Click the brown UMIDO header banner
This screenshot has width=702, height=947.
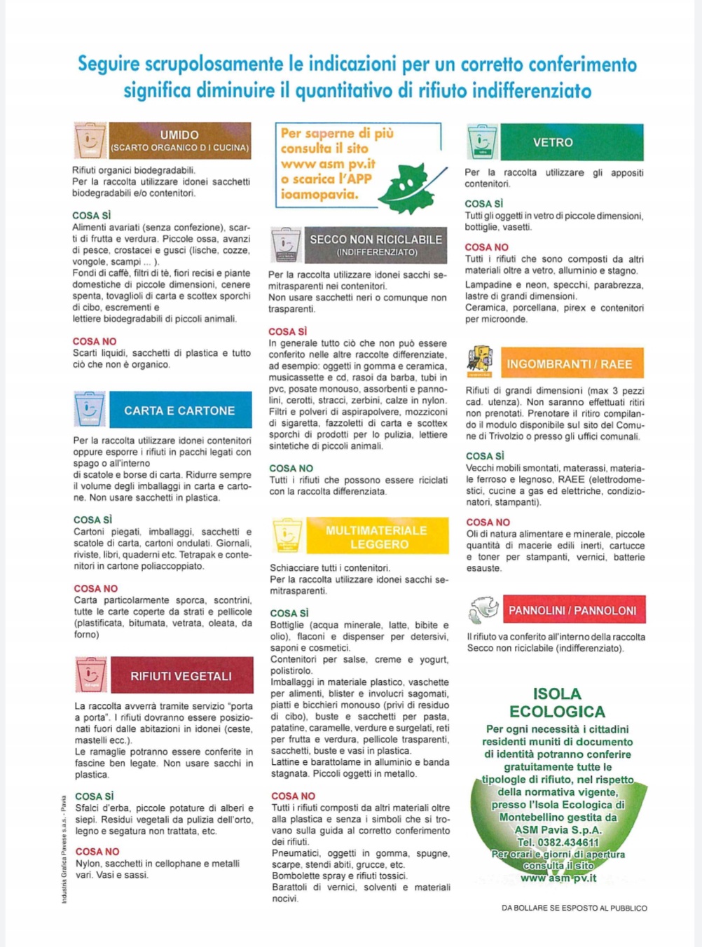click(180, 141)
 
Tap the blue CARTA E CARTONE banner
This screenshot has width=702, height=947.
click(180, 410)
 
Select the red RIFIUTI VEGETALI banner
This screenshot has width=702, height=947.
click(181, 676)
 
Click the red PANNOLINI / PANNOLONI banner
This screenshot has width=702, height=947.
click(573, 610)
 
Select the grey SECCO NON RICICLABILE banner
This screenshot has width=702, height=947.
click(376, 244)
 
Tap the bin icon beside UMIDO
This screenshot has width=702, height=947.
click(90, 141)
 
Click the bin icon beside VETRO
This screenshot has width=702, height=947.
click(482, 142)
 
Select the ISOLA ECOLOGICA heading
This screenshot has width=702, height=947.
click(557, 703)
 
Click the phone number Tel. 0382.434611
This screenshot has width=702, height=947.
click(558, 842)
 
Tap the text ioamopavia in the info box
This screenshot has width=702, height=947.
click(319, 194)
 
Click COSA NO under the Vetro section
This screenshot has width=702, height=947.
click(486, 247)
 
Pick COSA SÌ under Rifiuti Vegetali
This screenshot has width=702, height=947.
click(94, 796)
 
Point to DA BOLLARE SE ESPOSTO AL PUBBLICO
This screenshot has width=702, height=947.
click(574, 908)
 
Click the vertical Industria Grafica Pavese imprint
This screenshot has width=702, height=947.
click(64, 849)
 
